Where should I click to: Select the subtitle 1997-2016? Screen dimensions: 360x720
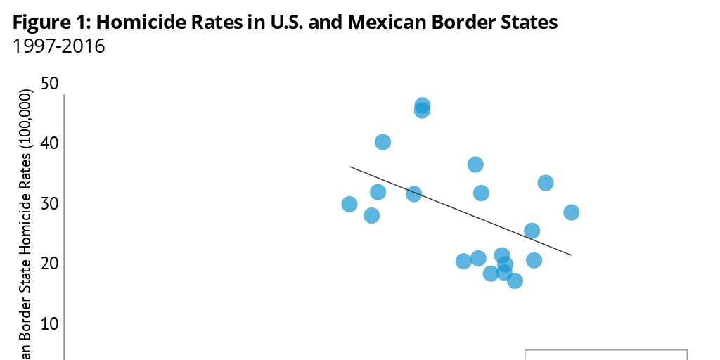click(x=59, y=48)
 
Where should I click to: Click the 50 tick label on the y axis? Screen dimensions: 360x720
click(x=49, y=83)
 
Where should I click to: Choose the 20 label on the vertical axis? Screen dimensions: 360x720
click(x=49, y=264)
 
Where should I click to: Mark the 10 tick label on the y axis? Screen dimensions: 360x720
click(x=49, y=324)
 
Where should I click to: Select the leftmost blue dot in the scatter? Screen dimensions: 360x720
click(x=349, y=204)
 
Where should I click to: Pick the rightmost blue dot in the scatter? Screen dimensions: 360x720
click(x=572, y=212)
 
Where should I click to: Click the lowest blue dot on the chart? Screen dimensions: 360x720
click(x=515, y=281)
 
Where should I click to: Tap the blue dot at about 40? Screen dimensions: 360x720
click(x=382, y=142)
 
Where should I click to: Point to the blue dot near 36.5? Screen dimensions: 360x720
click(x=475, y=165)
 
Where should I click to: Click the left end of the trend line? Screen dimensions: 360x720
click(x=351, y=167)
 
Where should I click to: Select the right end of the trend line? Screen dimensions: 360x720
click(x=570, y=255)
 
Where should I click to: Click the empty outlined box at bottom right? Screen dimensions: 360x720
click(x=605, y=354)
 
